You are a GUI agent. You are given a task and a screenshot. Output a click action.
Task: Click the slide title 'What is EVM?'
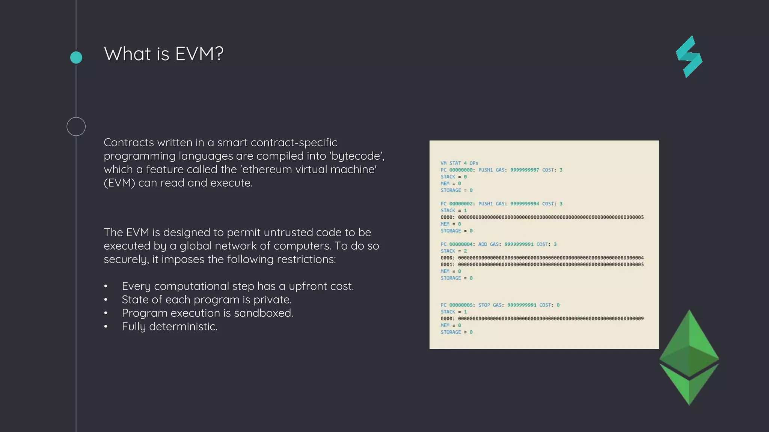pos(163,54)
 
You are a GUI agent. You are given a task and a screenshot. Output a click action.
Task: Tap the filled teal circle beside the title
pos(76,57)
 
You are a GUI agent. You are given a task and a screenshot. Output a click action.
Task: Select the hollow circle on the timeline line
pos(76,126)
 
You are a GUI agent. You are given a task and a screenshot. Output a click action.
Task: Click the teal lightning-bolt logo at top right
pos(689,57)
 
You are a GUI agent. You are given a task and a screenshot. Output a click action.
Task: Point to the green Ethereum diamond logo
pos(689,357)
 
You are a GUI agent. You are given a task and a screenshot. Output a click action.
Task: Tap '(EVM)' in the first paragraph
pos(119,183)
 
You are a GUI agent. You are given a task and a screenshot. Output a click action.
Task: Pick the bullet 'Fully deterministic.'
pos(169,327)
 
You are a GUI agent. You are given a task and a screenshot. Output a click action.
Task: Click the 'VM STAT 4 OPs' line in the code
pos(459,163)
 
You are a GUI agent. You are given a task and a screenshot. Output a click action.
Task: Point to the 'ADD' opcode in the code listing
pos(483,244)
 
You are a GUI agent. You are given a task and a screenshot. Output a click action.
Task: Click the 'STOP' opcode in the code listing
pos(484,305)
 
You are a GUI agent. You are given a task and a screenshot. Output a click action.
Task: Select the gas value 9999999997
pos(525,170)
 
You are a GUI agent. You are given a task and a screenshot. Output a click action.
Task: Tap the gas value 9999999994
pos(525,204)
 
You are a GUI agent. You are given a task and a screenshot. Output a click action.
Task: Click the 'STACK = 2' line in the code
pos(454,251)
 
